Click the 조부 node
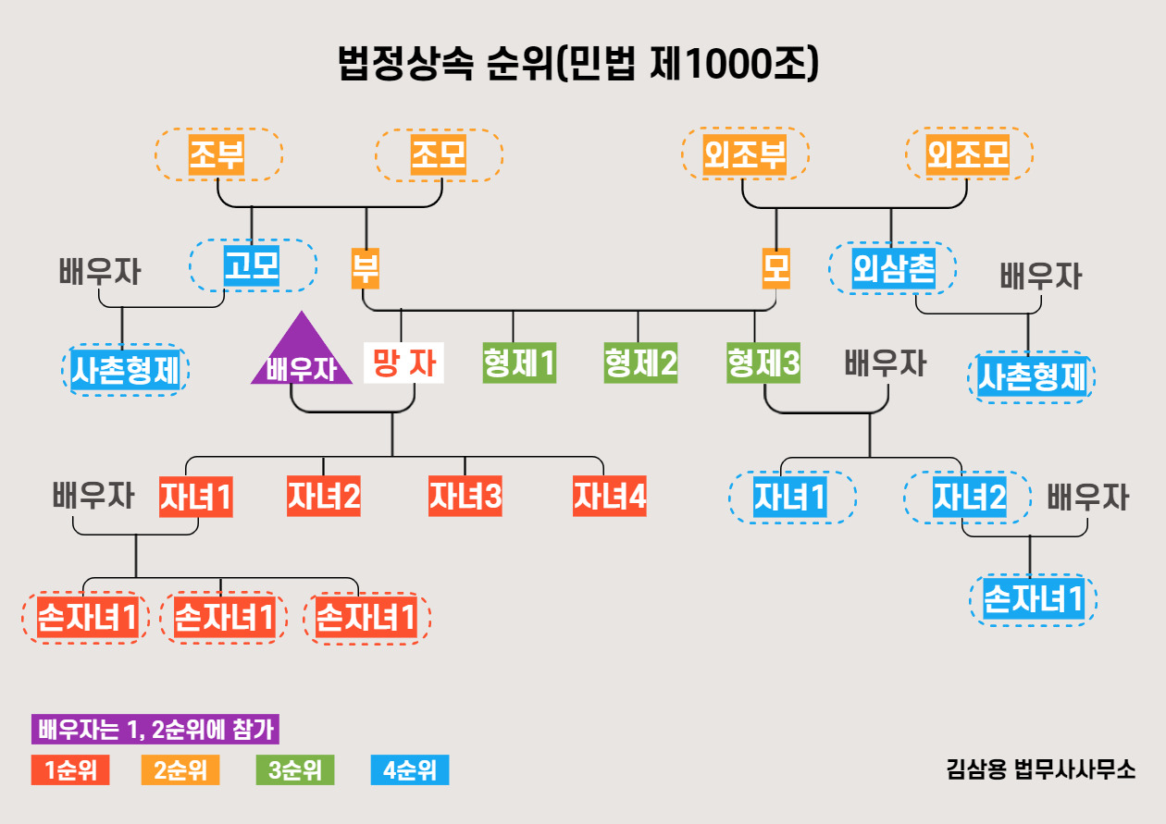coord(217,154)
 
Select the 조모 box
coord(439,154)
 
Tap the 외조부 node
coord(745,154)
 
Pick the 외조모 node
coord(968,154)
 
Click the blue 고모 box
coord(253,266)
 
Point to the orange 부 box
coord(366,268)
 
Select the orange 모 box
coord(776,268)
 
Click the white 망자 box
coord(403,363)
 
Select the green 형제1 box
coord(519,363)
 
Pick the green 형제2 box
coord(640,363)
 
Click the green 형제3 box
coord(763,363)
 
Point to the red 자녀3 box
coord(465,498)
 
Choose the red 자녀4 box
coord(609,498)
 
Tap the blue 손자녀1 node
coord(1033,599)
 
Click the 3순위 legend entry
coord(294,770)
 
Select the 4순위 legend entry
coord(409,770)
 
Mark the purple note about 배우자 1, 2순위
coord(155,730)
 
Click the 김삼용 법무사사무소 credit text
coord(1041,769)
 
